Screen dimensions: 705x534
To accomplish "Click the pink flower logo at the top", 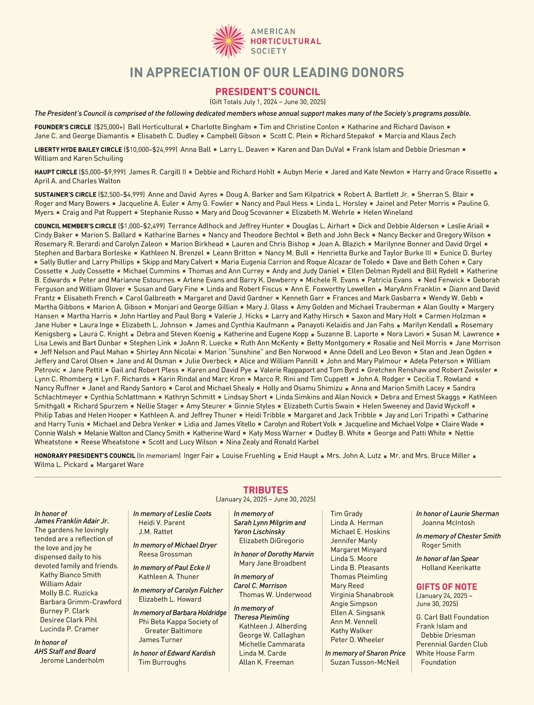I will (228, 41).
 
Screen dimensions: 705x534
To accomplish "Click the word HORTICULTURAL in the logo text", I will (285, 41).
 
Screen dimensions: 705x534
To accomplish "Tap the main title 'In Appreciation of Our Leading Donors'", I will (267, 72).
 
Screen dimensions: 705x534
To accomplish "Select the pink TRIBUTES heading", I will (266, 490).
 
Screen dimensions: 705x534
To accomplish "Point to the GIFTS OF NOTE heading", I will (446, 586).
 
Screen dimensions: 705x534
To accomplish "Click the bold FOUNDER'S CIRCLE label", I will (63, 127).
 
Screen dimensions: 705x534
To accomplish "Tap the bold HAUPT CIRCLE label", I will (56, 172).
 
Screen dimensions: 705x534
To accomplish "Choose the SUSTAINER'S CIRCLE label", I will (65, 195).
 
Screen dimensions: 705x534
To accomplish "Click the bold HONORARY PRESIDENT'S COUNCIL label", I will (85, 456).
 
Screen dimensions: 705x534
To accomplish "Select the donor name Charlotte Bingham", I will (221, 127).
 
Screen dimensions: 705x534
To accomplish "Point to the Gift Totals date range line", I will (267, 102).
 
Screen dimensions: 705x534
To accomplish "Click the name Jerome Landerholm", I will (72, 660).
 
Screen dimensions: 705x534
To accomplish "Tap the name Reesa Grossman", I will (166, 554).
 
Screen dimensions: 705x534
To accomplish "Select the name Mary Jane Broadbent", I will (272, 563).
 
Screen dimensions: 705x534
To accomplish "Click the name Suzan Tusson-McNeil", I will (364, 662).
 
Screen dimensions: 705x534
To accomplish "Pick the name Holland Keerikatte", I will (451, 568).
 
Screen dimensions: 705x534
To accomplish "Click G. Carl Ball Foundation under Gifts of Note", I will (452, 617).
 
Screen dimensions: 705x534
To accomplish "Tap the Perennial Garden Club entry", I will (452, 644).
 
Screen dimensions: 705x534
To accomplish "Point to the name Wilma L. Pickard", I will (61, 465).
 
